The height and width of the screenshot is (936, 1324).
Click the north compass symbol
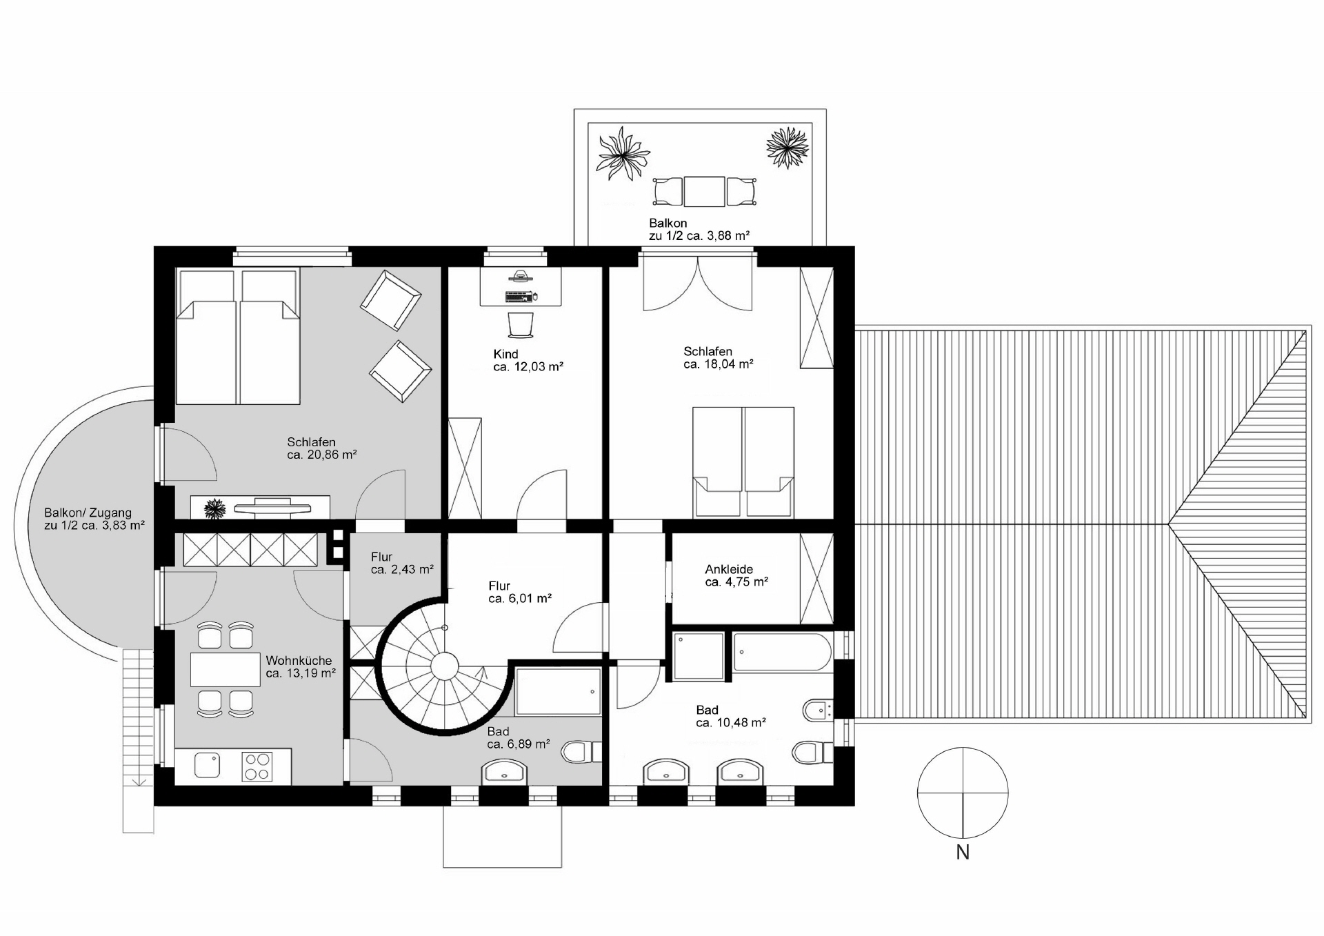963,793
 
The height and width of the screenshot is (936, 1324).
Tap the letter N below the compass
963,853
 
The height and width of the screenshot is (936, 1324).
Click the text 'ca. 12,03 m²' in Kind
528,367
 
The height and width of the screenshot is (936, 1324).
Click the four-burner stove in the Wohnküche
257,766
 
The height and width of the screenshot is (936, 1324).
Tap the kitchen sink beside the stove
207,765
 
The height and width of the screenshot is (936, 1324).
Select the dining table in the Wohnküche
225,669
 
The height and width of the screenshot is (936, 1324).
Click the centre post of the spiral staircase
445,667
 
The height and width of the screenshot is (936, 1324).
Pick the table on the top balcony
704,192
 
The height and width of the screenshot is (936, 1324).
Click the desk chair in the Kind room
521,326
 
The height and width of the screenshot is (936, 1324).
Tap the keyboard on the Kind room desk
518,297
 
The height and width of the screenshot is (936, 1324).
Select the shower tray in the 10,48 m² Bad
699,657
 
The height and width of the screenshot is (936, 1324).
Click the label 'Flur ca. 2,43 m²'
402,563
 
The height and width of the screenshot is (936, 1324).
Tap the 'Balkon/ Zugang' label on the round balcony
88,513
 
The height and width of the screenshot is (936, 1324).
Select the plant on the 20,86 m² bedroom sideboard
216,509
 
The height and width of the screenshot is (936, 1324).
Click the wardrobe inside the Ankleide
816,578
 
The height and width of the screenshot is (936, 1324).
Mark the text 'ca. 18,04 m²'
719,364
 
